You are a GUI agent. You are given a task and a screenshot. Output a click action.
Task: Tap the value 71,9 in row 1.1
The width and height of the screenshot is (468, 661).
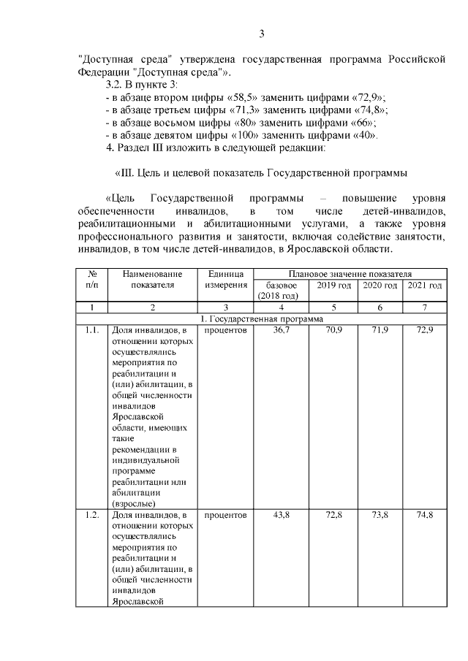[x=380, y=331]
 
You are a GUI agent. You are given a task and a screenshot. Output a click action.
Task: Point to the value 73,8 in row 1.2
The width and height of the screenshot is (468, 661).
[x=380, y=516]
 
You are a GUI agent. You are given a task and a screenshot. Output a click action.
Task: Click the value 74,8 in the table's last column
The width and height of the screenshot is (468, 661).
[x=425, y=516]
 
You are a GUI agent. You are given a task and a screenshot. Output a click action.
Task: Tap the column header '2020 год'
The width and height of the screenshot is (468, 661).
[x=380, y=285]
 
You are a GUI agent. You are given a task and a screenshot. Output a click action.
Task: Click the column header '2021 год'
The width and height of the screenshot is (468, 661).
[x=425, y=285]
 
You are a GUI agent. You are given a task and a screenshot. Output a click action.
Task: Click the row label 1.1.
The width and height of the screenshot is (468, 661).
[x=92, y=331]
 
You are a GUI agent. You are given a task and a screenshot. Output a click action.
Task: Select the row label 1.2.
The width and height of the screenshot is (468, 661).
[x=92, y=516]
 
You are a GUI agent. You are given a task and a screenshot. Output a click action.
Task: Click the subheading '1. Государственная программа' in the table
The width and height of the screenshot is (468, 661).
[x=262, y=319]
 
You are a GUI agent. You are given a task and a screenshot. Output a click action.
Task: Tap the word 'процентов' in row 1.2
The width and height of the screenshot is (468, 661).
[x=225, y=516]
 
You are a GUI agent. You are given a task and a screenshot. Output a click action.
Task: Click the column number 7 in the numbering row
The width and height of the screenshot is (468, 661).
[x=425, y=308]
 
